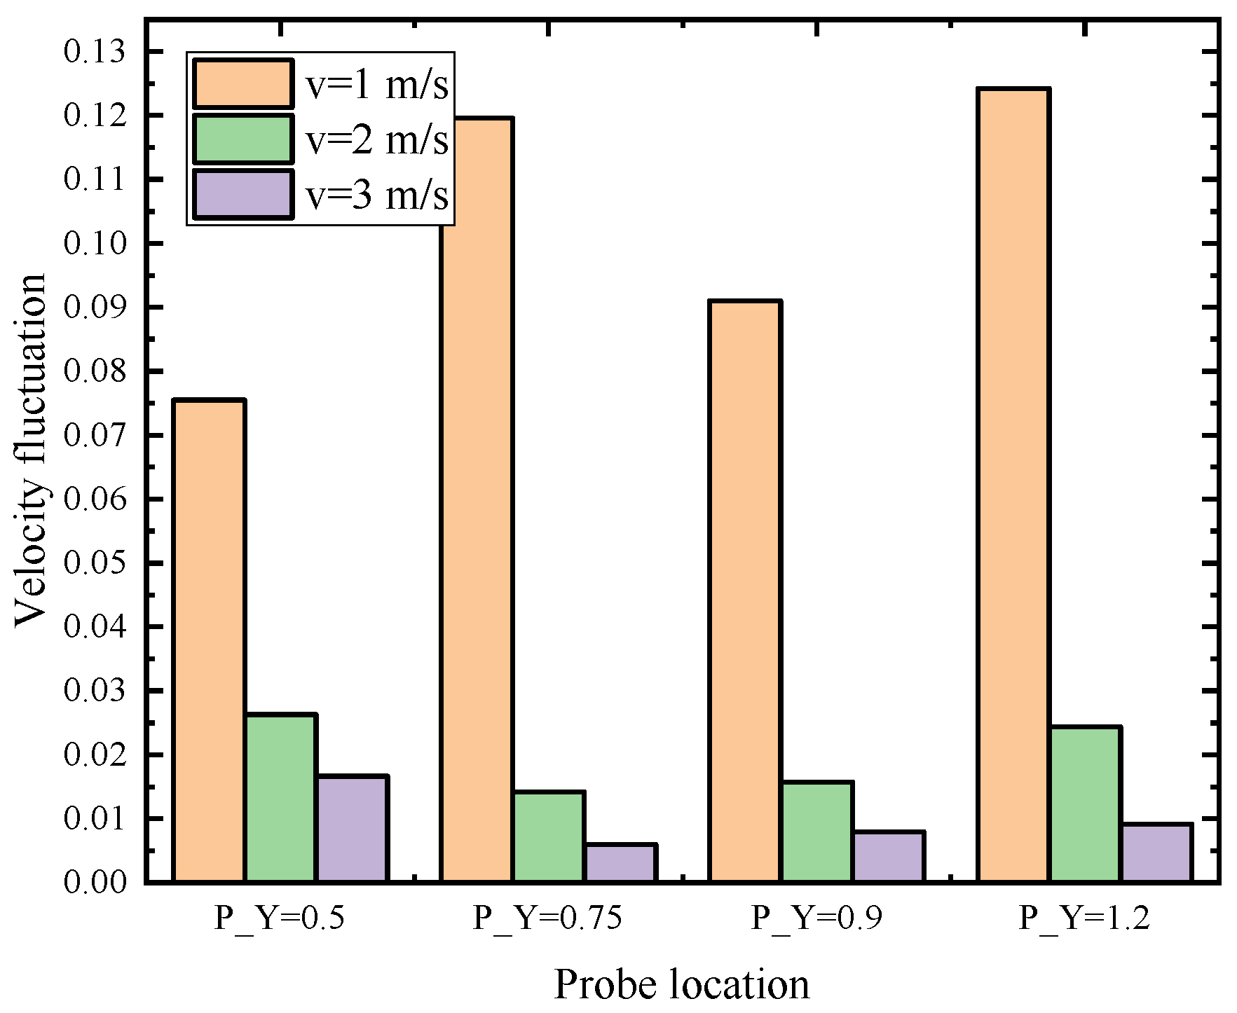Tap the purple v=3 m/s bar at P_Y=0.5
pos(352,828)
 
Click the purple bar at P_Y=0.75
pos(620,862)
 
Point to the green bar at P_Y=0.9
pos(816,831)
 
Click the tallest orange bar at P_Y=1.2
pos(1013,483)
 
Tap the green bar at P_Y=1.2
pos(1085,804)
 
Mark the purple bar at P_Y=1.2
pos(1156,852)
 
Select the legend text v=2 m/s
pos(377,139)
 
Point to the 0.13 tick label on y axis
pos(95,52)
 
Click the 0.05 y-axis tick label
pos(95,563)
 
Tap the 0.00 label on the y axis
pos(95,882)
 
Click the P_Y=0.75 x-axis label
pos(547,918)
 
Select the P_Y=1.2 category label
pos(1084,918)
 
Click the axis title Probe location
pos(681,984)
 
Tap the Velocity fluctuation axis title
pos(31,450)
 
